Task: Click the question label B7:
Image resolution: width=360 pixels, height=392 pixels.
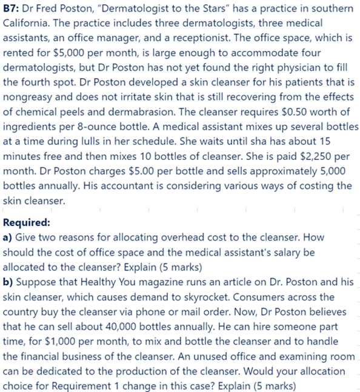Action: point(12,10)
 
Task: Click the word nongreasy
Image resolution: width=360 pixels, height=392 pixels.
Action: point(28,98)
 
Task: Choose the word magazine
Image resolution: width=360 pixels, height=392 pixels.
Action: point(166,282)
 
